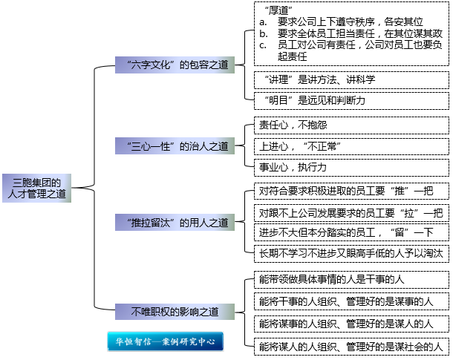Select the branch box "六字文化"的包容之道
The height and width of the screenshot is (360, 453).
coord(175,65)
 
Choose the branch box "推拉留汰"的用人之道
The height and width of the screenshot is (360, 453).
coord(175,222)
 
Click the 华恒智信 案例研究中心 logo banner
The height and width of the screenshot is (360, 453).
coord(165,342)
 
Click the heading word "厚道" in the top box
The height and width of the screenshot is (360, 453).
coord(277,11)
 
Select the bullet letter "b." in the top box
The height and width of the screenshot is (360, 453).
coord(263,34)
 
